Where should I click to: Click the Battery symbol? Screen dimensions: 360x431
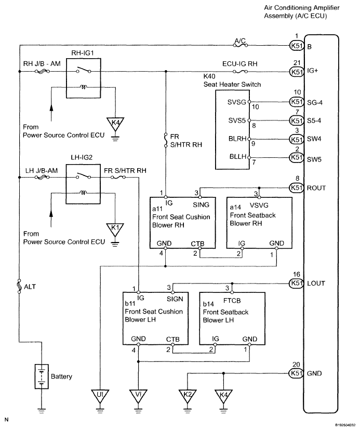click(42, 376)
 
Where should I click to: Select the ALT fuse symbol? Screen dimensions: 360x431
click(19, 286)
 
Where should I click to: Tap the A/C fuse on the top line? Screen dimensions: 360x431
click(241, 45)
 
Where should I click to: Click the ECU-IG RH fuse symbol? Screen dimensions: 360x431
click(240, 72)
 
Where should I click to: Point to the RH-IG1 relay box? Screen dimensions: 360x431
click(84, 78)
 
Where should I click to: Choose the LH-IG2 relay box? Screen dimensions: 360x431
click(83, 184)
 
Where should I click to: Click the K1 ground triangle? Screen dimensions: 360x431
click(115, 231)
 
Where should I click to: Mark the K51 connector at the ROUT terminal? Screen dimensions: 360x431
click(297, 188)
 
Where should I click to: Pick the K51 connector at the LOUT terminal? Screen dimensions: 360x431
click(297, 283)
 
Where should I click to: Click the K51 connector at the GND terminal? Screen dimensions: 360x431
click(297, 373)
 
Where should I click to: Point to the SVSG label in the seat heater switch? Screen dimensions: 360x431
click(236, 102)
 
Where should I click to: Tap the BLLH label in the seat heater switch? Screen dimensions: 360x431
click(238, 157)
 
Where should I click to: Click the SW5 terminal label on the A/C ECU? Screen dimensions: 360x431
click(314, 159)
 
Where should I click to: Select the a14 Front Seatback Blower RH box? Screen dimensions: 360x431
click(259, 223)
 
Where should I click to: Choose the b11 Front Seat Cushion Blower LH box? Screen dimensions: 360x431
click(155, 318)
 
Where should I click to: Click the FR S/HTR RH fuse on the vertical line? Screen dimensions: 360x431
click(166, 140)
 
